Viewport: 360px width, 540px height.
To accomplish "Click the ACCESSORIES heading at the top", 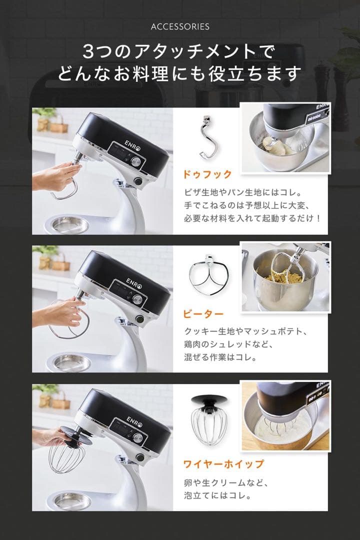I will [180, 26].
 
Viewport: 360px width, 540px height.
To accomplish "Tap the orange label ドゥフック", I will [207, 174].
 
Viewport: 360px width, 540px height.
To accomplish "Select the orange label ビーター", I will [203, 314].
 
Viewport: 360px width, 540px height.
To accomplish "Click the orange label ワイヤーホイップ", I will [223, 464].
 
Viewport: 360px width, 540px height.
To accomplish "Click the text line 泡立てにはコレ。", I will [216, 496].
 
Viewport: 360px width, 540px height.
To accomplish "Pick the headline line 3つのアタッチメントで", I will [179, 52].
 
